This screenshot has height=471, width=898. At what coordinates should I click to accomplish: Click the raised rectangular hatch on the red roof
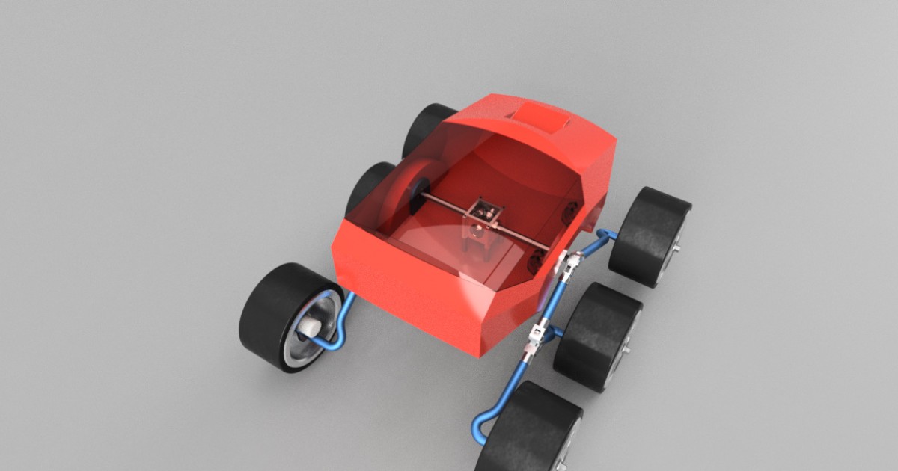point(540,116)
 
